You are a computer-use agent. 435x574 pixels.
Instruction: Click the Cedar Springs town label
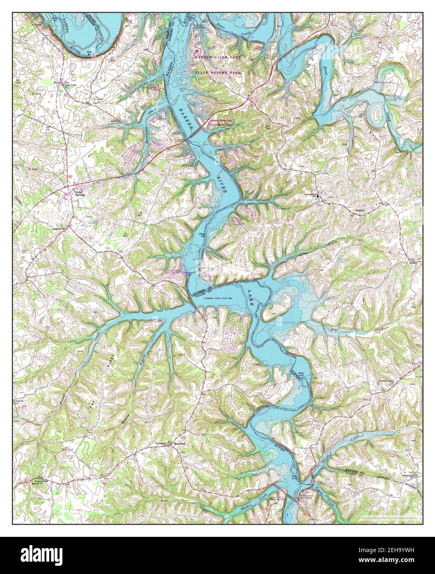point(79,193)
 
